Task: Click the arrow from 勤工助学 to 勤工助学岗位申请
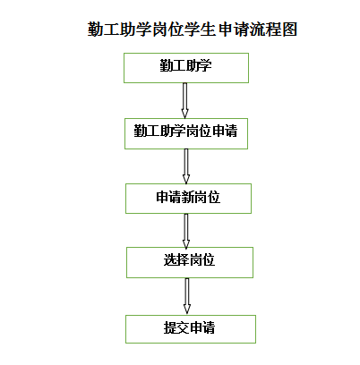(x=184, y=100)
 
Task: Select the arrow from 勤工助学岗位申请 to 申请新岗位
(x=186, y=166)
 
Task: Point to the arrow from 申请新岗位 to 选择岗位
(x=186, y=231)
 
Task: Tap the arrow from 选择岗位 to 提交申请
(x=187, y=296)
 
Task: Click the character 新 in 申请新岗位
(x=188, y=197)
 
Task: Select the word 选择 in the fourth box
(x=176, y=260)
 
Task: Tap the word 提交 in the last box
(x=176, y=327)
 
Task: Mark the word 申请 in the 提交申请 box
(x=202, y=327)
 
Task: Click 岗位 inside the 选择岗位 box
(x=202, y=260)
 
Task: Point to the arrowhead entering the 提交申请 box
(x=187, y=309)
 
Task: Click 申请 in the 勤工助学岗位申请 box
(x=225, y=132)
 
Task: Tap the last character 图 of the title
(x=289, y=30)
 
